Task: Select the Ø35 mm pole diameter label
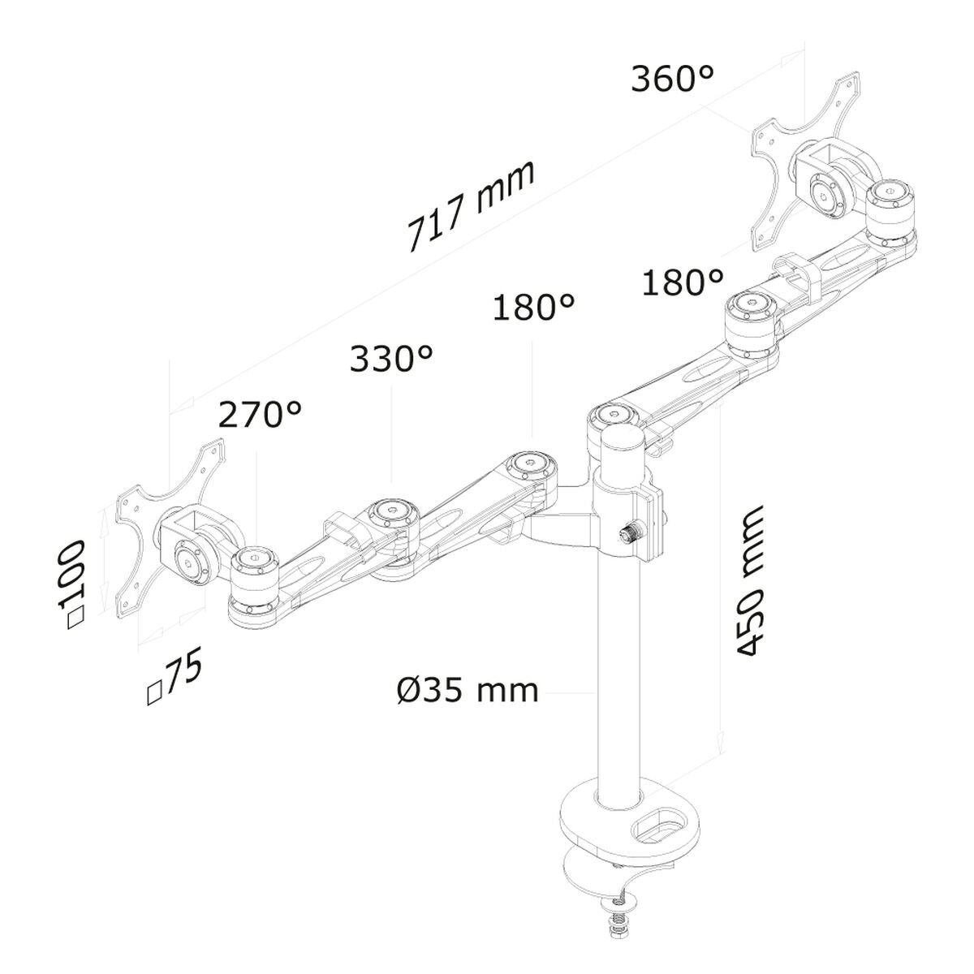pyautogui.click(x=468, y=691)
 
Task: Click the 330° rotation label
pyautogui.click(x=390, y=359)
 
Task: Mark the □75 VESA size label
pyautogui.click(x=174, y=675)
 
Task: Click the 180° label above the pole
pyautogui.click(x=533, y=308)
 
